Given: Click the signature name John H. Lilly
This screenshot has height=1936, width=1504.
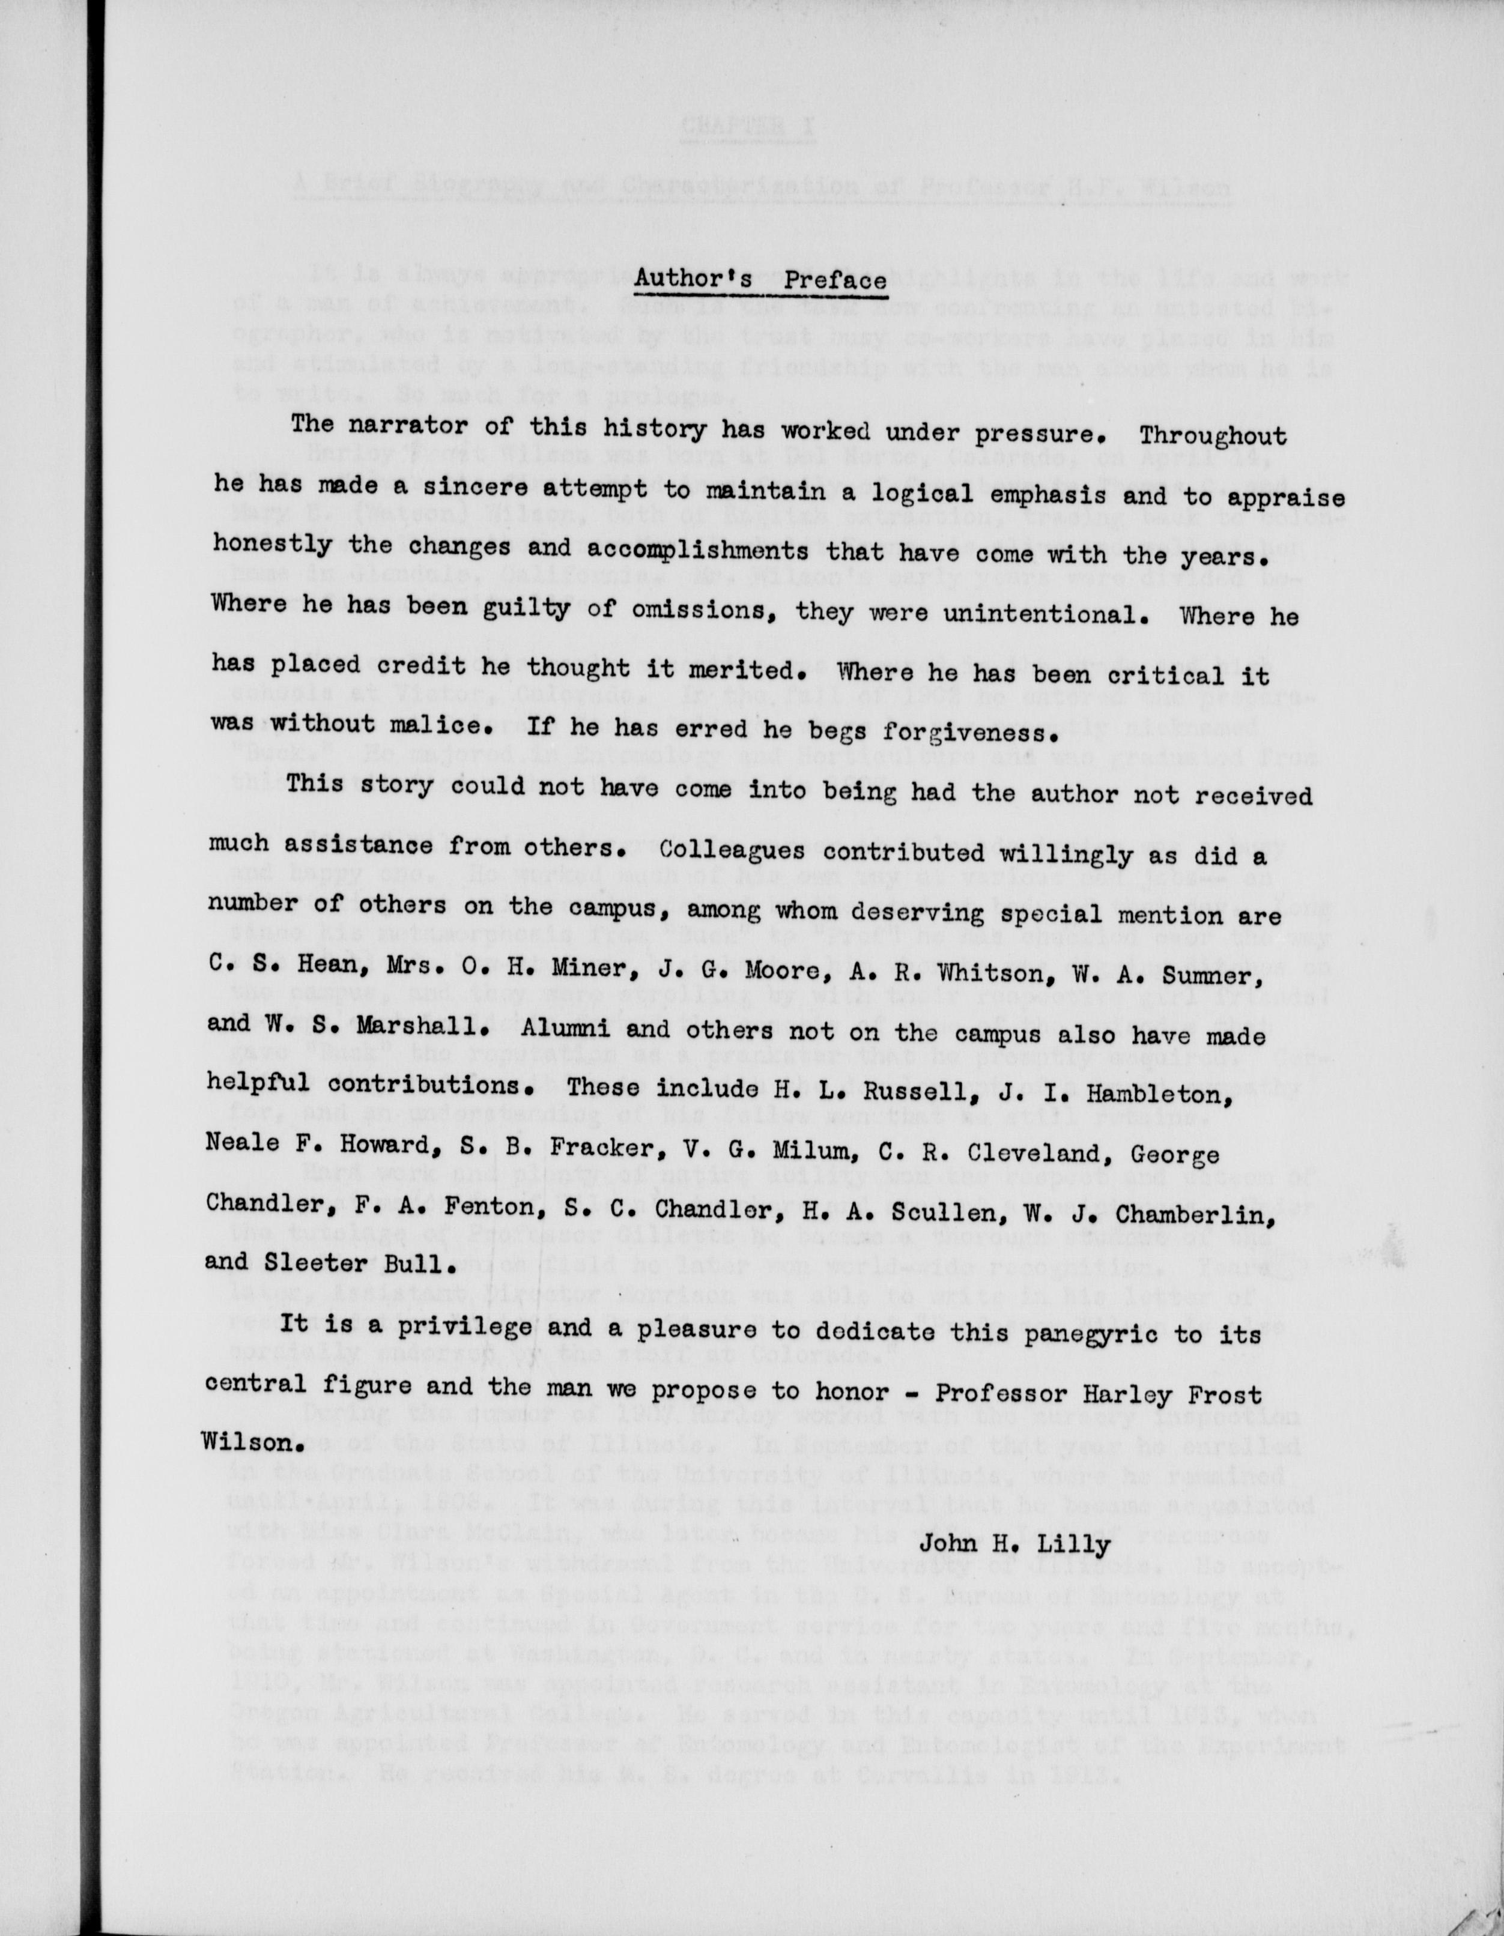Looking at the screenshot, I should pos(1014,1545).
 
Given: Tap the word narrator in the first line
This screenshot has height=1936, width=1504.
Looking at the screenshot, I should pos(411,426).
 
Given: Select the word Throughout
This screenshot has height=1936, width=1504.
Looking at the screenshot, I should pos(1212,436).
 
